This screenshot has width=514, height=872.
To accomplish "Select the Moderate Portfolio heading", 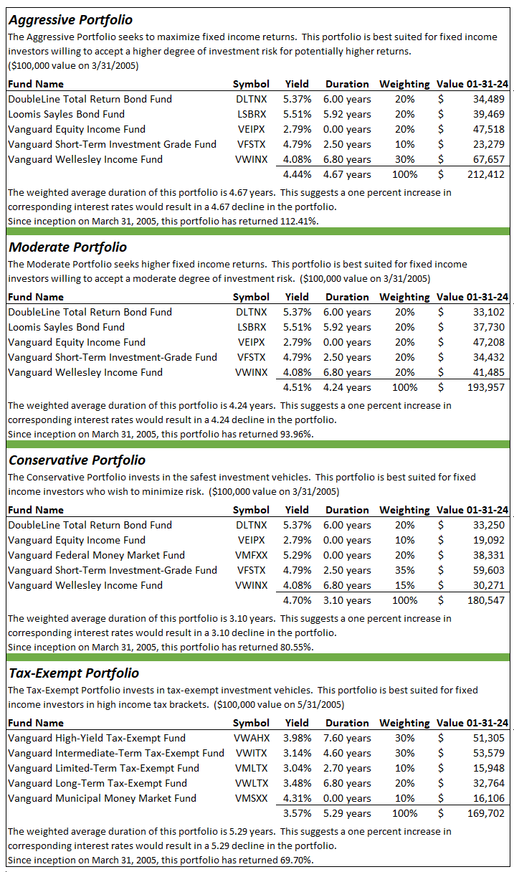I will [x=67, y=247].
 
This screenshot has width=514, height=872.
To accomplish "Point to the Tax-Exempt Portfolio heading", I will [x=73, y=673].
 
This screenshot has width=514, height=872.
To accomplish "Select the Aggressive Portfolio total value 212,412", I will [x=487, y=174].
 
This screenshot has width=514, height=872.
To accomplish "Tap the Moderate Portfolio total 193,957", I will [x=487, y=387].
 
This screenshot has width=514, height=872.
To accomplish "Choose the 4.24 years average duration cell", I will [x=347, y=387].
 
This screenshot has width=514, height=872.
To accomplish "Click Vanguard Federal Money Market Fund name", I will [x=96, y=555].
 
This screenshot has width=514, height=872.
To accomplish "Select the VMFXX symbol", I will [x=251, y=555].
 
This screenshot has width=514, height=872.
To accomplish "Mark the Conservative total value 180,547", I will [x=487, y=600].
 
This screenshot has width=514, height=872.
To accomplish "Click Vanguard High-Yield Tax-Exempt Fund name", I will [x=97, y=738].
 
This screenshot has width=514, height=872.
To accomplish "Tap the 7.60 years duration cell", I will [x=347, y=738].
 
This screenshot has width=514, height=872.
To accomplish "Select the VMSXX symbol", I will [x=251, y=798].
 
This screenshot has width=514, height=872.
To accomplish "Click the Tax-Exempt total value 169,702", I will [x=487, y=813].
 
